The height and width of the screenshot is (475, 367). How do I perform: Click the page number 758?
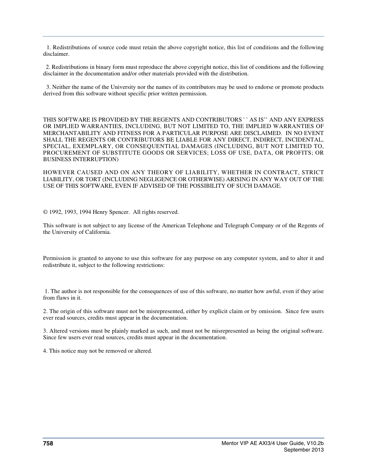coord(48,443)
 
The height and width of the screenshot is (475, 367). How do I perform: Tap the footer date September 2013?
coord(304,450)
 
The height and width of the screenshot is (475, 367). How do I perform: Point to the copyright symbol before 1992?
coord(45,212)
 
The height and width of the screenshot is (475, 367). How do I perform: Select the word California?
coord(98,232)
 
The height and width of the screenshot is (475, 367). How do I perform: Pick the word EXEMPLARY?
coord(91,146)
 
